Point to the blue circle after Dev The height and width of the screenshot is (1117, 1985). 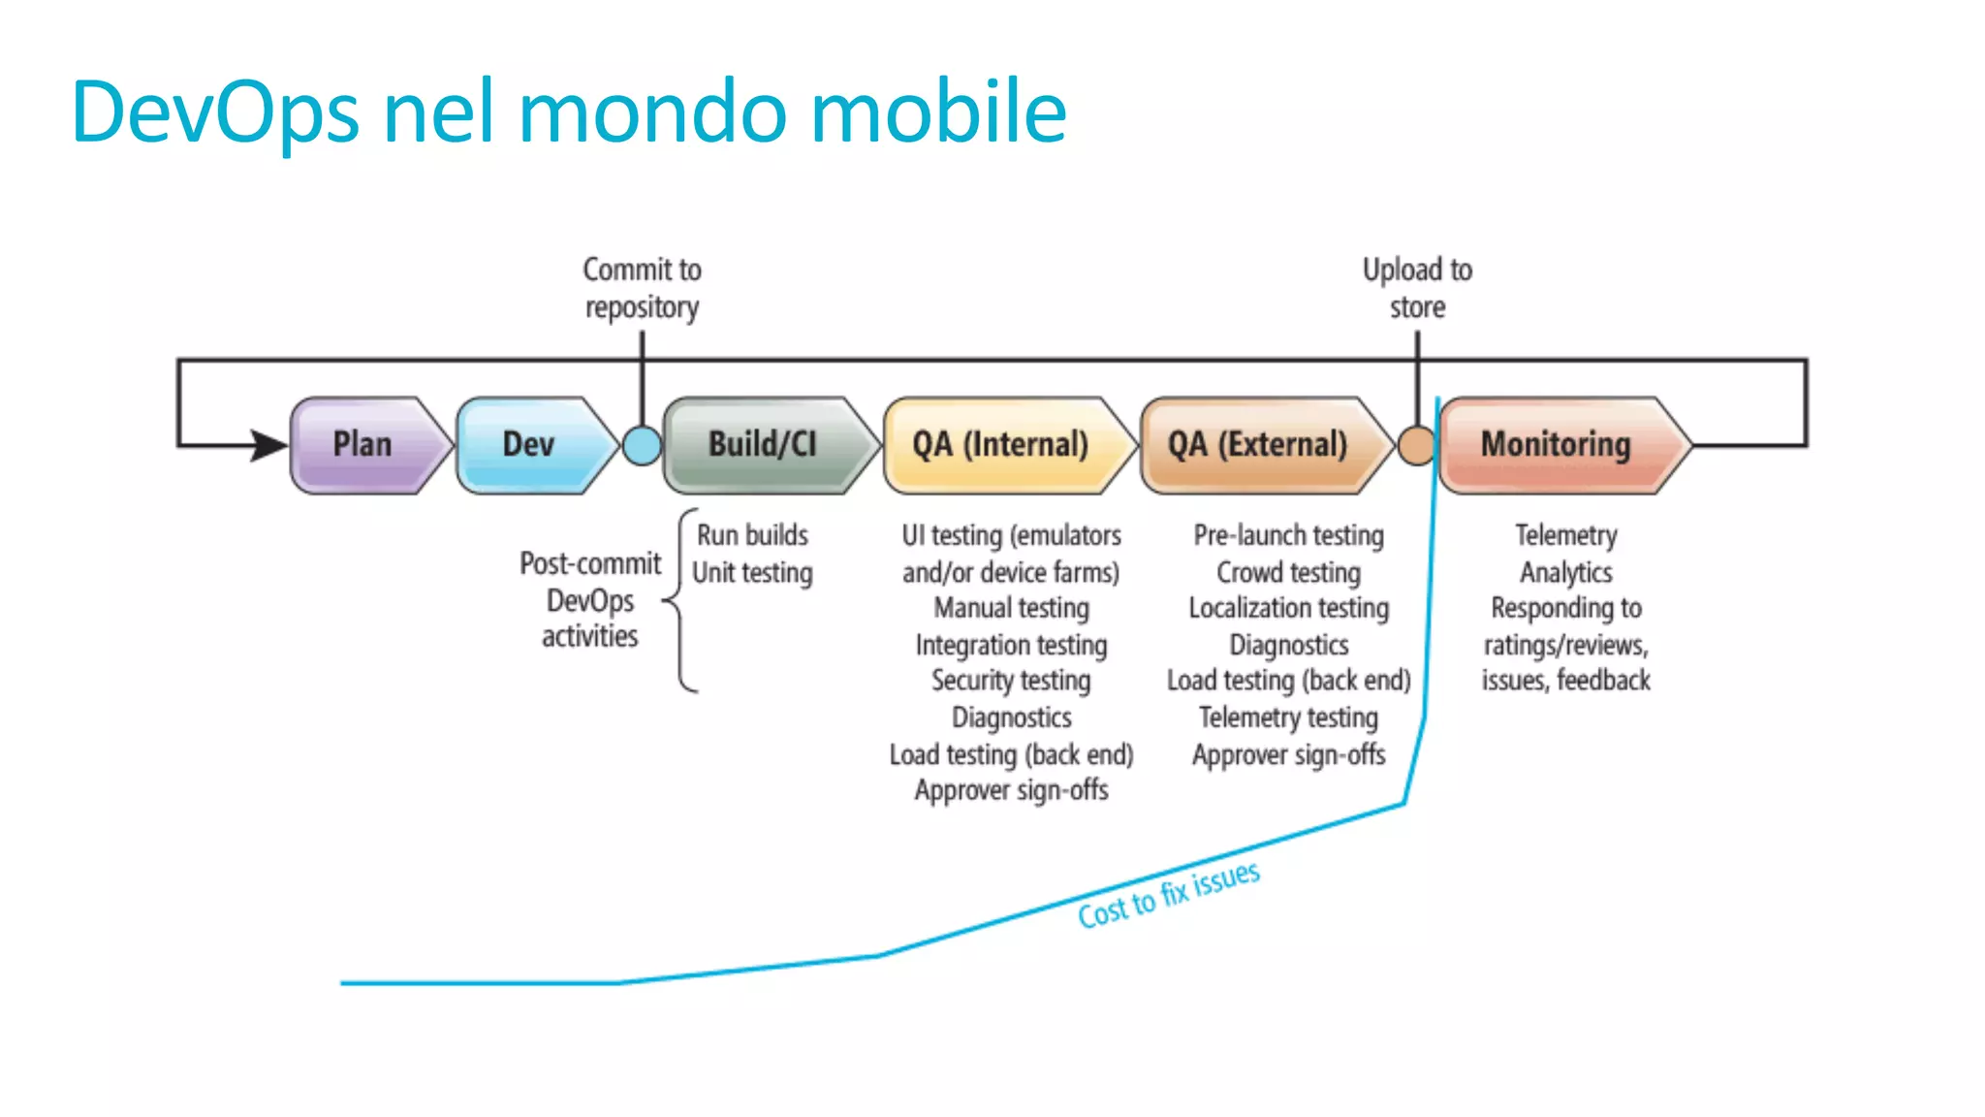click(642, 446)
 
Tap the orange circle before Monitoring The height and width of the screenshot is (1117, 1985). click(1416, 446)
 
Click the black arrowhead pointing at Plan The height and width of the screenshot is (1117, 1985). click(269, 445)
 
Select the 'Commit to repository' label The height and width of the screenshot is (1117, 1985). click(642, 288)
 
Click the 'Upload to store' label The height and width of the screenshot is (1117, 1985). click(1417, 288)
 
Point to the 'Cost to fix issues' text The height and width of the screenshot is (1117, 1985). click(1169, 895)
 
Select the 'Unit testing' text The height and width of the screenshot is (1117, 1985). click(752, 573)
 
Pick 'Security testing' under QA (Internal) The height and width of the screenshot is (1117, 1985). click(1011, 681)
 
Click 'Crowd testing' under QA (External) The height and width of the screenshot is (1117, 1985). click(1288, 573)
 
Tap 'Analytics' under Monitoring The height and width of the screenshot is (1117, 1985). click(1565, 573)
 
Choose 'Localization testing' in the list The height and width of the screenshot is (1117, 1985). click(1288, 609)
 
